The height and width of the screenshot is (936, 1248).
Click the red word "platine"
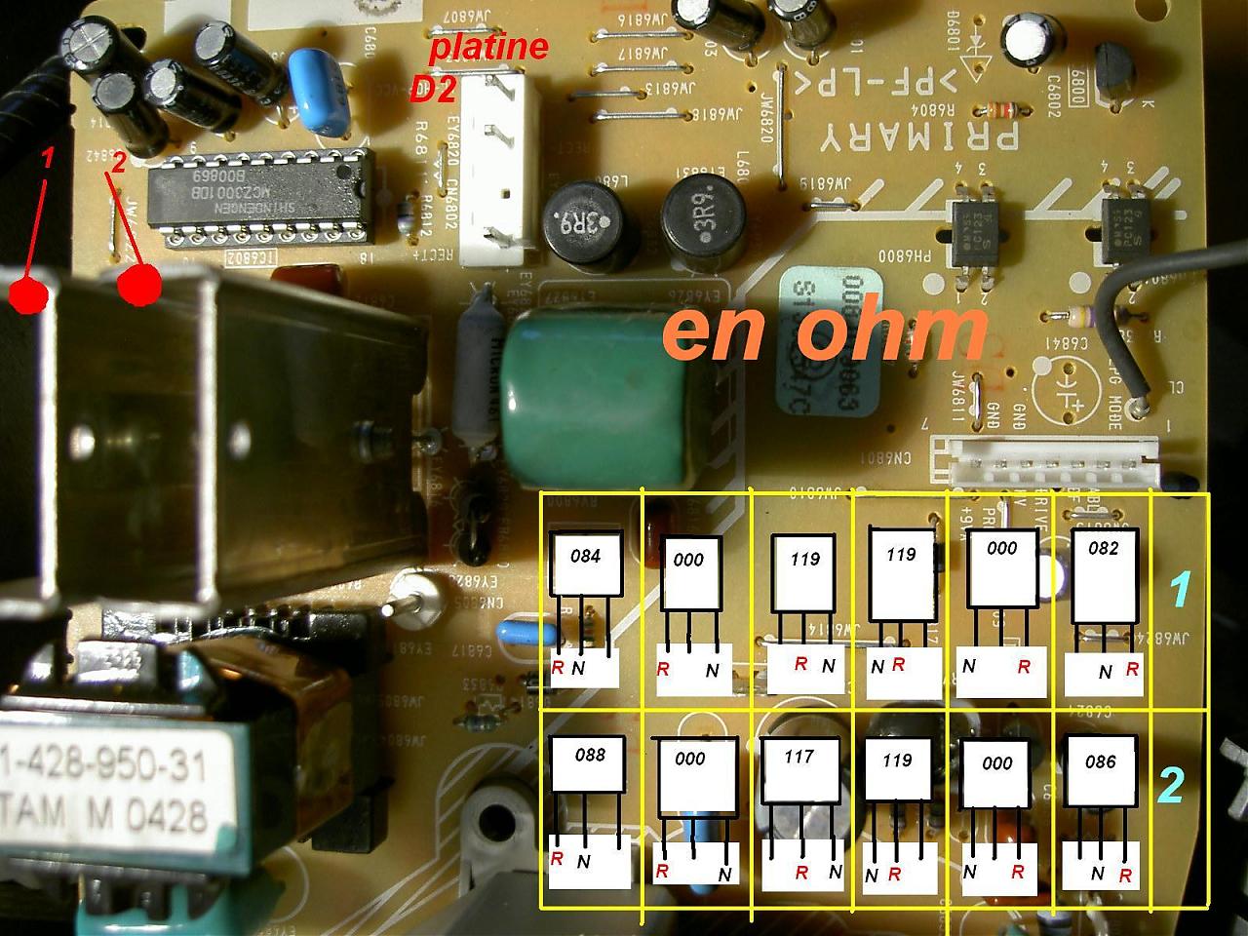click(x=489, y=46)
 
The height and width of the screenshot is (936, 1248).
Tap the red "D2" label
click(x=433, y=92)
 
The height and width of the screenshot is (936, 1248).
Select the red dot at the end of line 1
click(x=28, y=293)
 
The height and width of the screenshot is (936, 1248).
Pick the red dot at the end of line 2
click(x=139, y=285)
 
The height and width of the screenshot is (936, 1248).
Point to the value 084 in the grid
click(x=585, y=557)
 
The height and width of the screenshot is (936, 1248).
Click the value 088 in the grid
click(x=589, y=755)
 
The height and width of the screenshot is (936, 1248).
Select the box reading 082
click(x=1104, y=548)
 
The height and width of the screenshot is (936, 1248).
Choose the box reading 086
click(x=1100, y=762)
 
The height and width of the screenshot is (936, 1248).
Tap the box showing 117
click(x=799, y=757)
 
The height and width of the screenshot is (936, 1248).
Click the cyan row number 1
click(x=1181, y=590)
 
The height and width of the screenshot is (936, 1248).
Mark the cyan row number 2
click(x=1170, y=786)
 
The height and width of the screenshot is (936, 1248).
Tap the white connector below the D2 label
click(x=498, y=171)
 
